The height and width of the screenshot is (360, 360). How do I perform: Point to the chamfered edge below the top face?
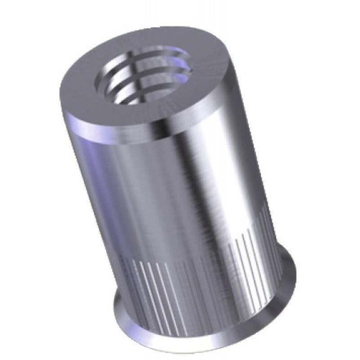(x=148, y=135)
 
